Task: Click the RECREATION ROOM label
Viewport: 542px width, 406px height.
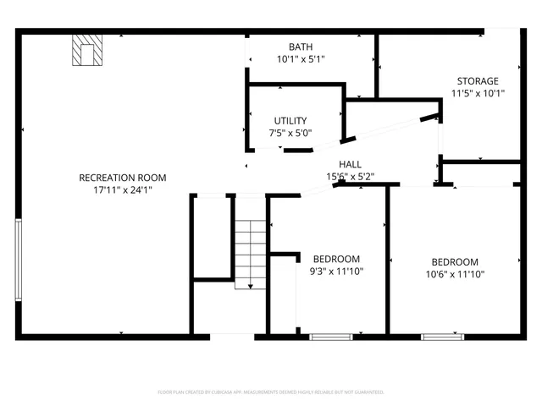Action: [x=122, y=178]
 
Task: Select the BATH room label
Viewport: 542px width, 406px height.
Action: [x=301, y=47]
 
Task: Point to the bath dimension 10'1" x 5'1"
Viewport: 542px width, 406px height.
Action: [x=301, y=59]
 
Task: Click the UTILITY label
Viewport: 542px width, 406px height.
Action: [x=290, y=121]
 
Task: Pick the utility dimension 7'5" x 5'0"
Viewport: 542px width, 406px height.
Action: [x=290, y=133]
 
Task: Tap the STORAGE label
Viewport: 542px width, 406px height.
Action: [x=478, y=81]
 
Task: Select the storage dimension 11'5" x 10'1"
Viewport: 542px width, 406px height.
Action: [x=478, y=93]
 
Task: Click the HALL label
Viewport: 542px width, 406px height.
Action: [x=351, y=164]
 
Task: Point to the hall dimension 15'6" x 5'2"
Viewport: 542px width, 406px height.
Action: [x=351, y=177]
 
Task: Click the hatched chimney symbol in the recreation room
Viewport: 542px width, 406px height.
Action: [x=86, y=51]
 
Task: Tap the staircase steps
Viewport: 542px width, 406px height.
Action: [x=249, y=245]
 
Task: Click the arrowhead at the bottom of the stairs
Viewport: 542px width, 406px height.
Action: [x=250, y=287]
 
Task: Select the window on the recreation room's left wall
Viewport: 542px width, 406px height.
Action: [x=18, y=259]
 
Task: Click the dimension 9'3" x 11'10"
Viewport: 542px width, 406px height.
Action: [x=336, y=272]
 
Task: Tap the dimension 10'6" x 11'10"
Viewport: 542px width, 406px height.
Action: [x=455, y=274]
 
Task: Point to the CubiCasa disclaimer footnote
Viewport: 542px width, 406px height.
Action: [x=271, y=392]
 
